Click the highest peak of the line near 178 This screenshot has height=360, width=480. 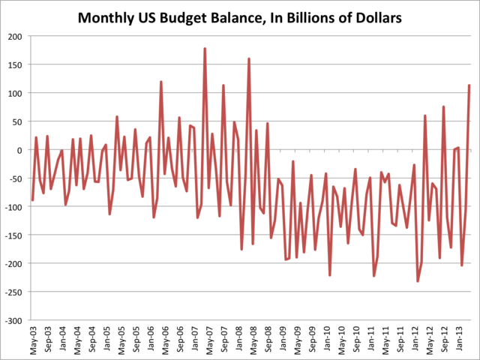205,49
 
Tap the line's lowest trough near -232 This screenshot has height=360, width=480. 418,281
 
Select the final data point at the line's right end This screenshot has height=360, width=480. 469,85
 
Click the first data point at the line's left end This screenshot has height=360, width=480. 32,200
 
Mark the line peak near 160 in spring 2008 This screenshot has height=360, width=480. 249,58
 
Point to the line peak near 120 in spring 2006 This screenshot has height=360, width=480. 161,82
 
